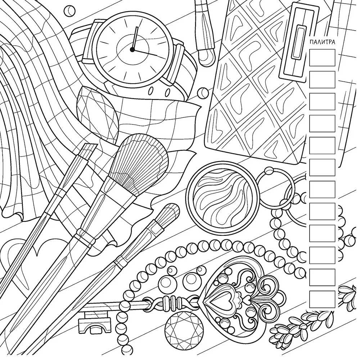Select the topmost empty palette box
point(322,58)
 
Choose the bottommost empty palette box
point(322,300)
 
